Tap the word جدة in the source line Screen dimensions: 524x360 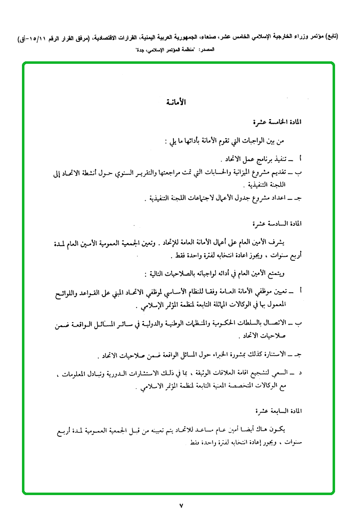[x=143, y=50]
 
